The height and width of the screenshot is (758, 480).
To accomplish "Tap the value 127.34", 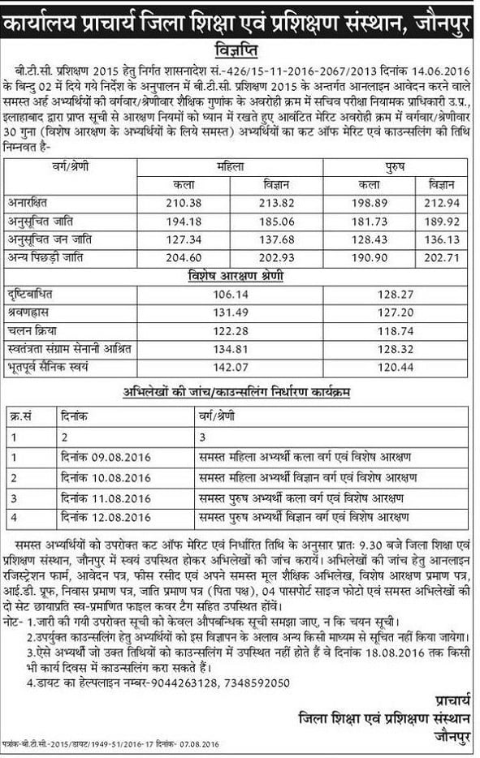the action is coord(184,239).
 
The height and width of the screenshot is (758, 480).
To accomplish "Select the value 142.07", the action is coord(230,367).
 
